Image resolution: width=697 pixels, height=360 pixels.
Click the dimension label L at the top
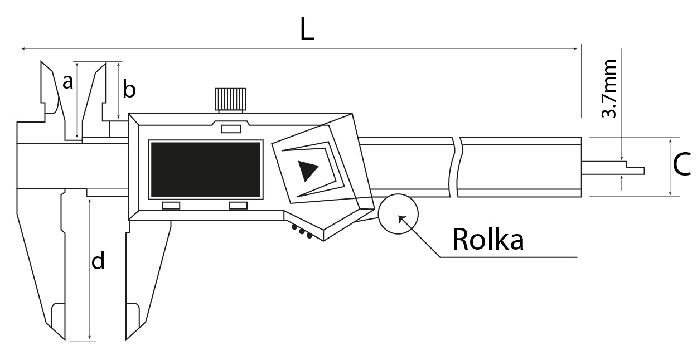(307, 30)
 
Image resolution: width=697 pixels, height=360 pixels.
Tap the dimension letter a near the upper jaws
(67, 83)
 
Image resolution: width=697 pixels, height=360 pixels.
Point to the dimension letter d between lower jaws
(98, 261)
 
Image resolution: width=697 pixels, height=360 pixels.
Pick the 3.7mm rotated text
(610, 89)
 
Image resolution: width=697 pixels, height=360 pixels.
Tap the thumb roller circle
(398, 214)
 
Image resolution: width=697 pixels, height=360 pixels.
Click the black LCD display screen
(205, 169)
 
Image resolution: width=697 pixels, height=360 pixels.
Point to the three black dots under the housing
(302, 232)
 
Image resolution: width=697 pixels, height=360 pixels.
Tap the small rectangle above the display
(230, 129)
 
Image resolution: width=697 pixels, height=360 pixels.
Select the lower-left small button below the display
(171, 206)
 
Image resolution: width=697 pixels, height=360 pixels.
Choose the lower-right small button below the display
(238, 206)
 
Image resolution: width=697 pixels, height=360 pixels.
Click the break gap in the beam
(457, 167)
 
